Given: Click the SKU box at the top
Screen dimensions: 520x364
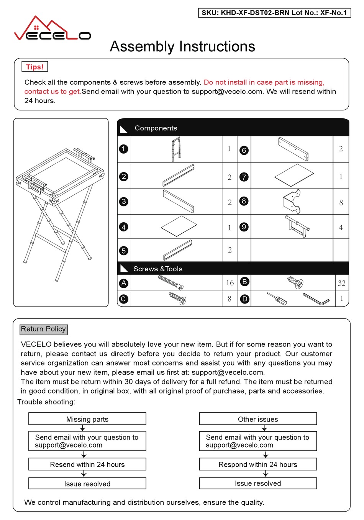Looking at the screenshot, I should tap(274, 13).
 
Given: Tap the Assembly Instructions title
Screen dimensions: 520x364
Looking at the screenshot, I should tap(182, 47).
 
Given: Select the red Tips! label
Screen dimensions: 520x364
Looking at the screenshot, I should tap(35, 67).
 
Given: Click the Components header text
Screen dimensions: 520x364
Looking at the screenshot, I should tap(156, 128).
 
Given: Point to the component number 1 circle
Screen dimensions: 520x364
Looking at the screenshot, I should tap(123, 149).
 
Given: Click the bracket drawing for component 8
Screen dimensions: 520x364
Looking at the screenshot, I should tap(292, 202).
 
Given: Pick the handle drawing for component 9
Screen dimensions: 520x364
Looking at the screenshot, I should tap(297, 226).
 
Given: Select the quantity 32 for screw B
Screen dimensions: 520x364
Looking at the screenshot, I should tap(341, 283).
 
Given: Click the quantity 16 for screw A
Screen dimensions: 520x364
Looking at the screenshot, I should tap(230, 283).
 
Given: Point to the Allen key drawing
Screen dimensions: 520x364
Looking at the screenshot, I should tap(316, 299).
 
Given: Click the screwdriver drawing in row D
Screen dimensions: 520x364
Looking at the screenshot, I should tap(277, 299).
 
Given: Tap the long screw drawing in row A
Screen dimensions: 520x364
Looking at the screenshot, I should tap(171, 282).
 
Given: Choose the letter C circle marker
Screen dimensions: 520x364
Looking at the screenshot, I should tap(123, 299).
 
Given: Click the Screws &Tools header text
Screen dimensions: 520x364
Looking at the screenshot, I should tap(157, 269).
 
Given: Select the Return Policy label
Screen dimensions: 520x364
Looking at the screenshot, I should tap(43, 329).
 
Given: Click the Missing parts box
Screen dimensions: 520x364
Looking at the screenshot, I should tap(87, 419).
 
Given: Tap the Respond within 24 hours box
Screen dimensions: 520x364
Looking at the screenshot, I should tap(258, 464).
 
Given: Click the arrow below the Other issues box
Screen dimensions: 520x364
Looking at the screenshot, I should tap(264, 428).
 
